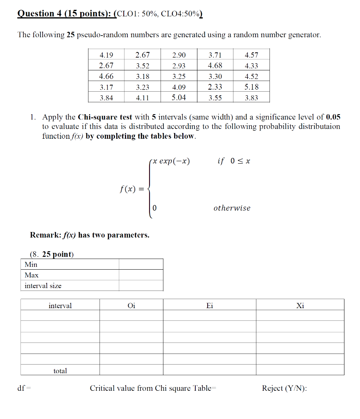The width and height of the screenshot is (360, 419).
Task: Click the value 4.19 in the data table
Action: [x=106, y=55]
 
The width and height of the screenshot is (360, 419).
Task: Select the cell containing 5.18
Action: [x=251, y=87]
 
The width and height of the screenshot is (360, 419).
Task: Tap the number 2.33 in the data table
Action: [x=215, y=87]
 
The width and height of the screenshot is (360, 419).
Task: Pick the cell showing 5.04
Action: [x=179, y=97]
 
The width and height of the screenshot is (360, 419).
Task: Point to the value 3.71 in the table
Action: [x=215, y=55]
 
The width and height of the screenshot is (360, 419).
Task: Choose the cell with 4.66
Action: [x=106, y=76]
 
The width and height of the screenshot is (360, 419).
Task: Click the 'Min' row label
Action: [x=31, y=264]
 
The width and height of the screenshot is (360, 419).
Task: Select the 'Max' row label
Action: [x=32, y=275]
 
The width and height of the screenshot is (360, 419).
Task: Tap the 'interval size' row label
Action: [x=43, y=286]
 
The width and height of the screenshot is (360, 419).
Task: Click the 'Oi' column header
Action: [x=131, y=306]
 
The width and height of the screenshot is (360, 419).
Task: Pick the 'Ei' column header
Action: [x=210, y=306]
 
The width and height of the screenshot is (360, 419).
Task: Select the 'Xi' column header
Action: [x=300, y=306]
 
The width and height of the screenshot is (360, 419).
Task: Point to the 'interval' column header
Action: [x=60, y=306]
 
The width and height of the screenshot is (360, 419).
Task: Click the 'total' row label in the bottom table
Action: [x=60, y=371]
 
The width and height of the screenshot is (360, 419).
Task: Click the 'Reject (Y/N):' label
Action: [x=284, y=388]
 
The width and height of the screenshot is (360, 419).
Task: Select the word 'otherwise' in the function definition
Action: [x=232, y=208]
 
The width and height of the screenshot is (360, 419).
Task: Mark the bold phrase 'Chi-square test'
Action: [x=104, y=117]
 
